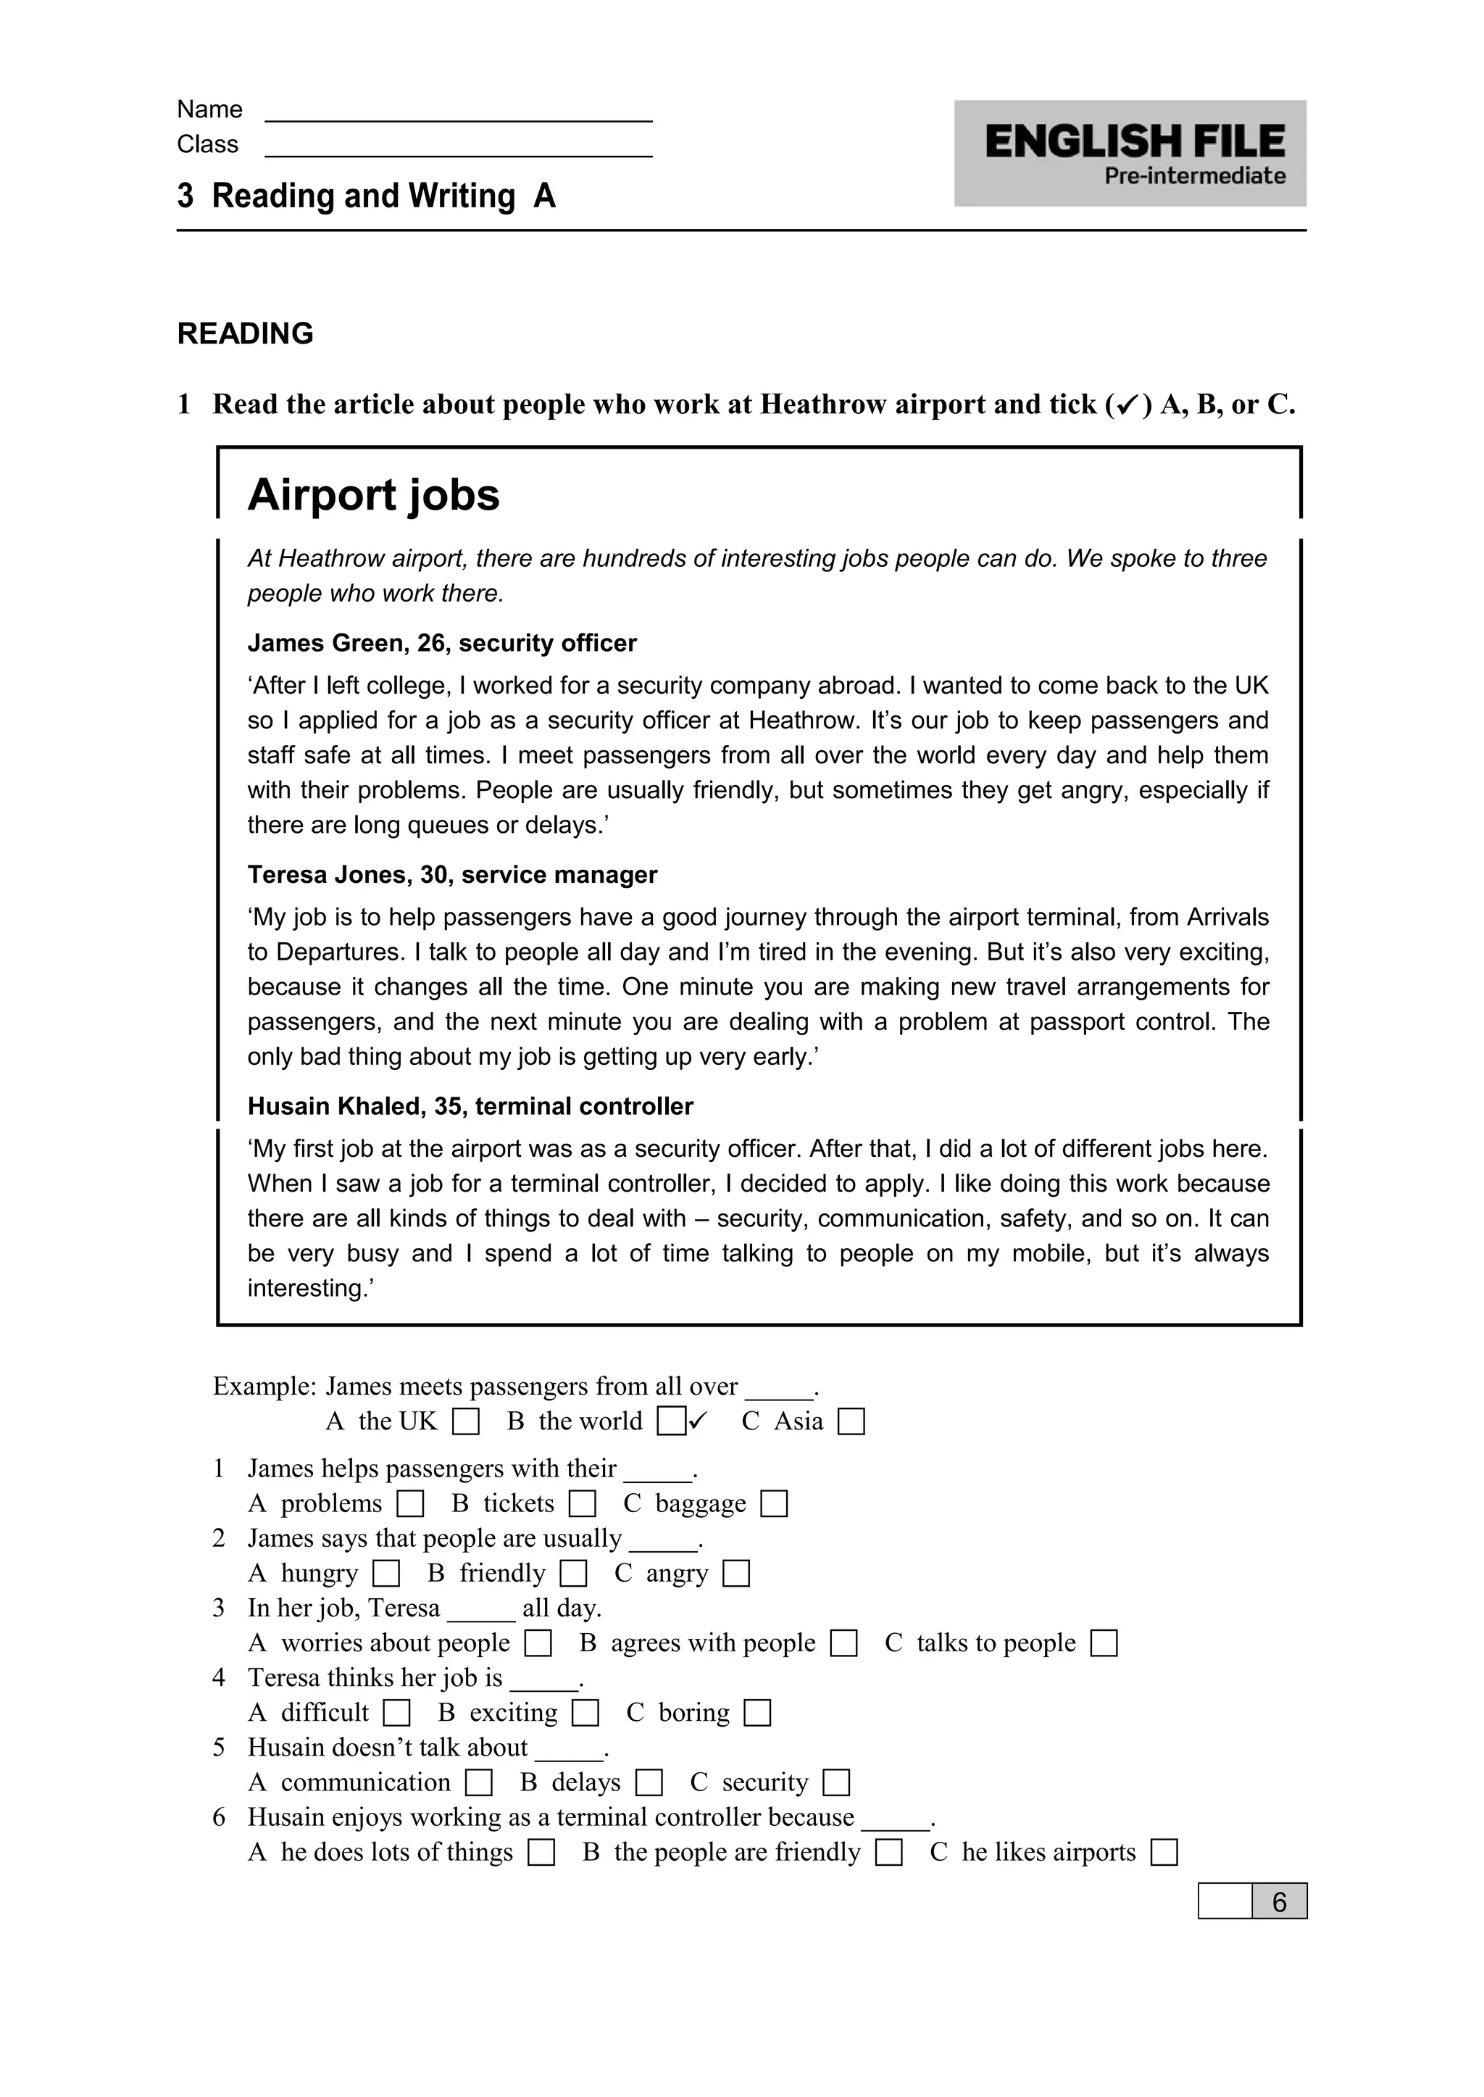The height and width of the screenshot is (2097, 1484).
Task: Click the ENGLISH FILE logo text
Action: click(x=1134, y=141)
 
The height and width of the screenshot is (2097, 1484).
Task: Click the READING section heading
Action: click(x=245, y=333)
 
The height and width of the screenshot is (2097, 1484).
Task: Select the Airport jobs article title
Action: click(x=374, y=496)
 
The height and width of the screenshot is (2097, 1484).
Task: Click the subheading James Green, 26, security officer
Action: click(x=441, y=644)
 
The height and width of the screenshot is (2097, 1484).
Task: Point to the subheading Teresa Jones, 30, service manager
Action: click(x=452, y=875)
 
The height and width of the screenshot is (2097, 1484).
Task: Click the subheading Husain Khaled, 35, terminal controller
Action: click(x=470, y=1106)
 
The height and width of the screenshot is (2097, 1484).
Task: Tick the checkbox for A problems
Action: click(x=410, y=1504)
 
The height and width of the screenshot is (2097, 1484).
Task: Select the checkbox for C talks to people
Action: click(x=1104, y=1643)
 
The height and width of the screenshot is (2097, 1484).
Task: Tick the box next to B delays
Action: click(x=649, y=1782)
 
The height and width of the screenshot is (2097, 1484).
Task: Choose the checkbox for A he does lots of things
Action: click(x=541, y=1853)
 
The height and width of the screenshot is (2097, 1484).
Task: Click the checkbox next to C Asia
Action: click(x=851, y=1422)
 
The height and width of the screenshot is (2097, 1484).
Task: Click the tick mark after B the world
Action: click(x=699, y=1420)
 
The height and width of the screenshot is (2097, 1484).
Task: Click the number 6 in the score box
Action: click(x=1278, y=1901)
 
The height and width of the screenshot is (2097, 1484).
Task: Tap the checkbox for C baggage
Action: click(x=774, y=1504)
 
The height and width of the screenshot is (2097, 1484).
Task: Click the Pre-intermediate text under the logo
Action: click(x=1194, y=176)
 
